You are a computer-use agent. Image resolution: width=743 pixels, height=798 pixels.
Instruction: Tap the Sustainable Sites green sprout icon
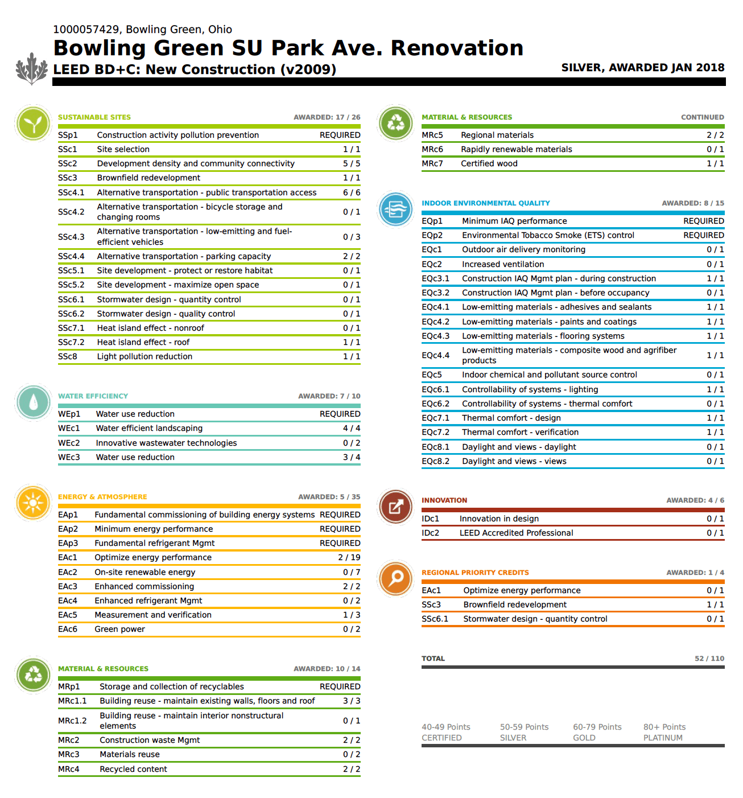34,123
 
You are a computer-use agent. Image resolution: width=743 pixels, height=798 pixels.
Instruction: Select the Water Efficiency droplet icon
34,402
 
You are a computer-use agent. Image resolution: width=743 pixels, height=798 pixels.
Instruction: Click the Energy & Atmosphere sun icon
34,503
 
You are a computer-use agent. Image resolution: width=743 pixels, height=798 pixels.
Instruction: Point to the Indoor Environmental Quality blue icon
396,209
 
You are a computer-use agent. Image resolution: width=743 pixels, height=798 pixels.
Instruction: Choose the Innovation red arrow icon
396,506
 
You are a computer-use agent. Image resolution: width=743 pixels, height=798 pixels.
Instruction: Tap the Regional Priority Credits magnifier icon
396,578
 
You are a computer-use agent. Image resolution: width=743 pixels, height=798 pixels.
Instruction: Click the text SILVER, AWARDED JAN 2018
642,68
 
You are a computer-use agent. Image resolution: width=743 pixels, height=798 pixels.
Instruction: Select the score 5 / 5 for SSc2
351,163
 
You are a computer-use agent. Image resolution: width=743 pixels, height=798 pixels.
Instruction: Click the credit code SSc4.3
71,237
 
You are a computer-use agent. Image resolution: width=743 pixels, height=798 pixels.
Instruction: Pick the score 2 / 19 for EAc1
349,557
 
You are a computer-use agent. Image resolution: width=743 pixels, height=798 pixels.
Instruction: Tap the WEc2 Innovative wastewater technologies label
166,443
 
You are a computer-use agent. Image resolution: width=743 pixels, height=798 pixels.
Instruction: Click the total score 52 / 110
709,659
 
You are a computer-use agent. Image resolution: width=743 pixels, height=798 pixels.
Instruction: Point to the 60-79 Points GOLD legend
597,732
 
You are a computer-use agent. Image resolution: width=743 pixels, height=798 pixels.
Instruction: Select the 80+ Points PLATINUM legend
664,732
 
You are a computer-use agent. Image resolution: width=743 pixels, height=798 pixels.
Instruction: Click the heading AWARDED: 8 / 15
692,203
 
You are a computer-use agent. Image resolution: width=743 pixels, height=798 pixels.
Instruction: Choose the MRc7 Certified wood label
489,163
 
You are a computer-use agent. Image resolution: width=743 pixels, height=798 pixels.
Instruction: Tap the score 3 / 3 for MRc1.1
351,701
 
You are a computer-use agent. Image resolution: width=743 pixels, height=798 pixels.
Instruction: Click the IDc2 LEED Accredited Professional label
516,533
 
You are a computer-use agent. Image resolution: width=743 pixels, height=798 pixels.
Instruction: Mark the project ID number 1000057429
86,30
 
